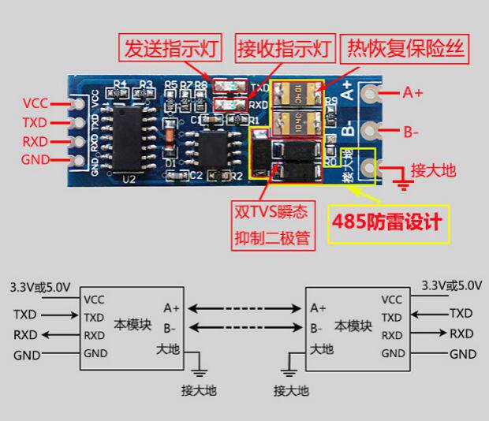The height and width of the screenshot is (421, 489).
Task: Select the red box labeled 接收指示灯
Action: coord(286,49)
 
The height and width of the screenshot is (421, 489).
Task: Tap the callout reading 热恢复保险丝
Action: coord(402,49)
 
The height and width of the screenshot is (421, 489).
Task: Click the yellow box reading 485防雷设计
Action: coord(388,223)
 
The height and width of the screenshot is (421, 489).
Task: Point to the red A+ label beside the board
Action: coord(412,93)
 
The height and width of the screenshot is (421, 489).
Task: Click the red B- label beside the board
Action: coord(411,132)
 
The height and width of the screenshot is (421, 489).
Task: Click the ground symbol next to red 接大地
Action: coord(404,186)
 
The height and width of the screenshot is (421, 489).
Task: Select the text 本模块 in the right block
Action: coord(353,325)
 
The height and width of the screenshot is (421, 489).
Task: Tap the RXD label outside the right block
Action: coord(461,333)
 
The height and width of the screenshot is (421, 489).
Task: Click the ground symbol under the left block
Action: coord(199,369)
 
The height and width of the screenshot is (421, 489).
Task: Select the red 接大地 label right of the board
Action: coord(433,170)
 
